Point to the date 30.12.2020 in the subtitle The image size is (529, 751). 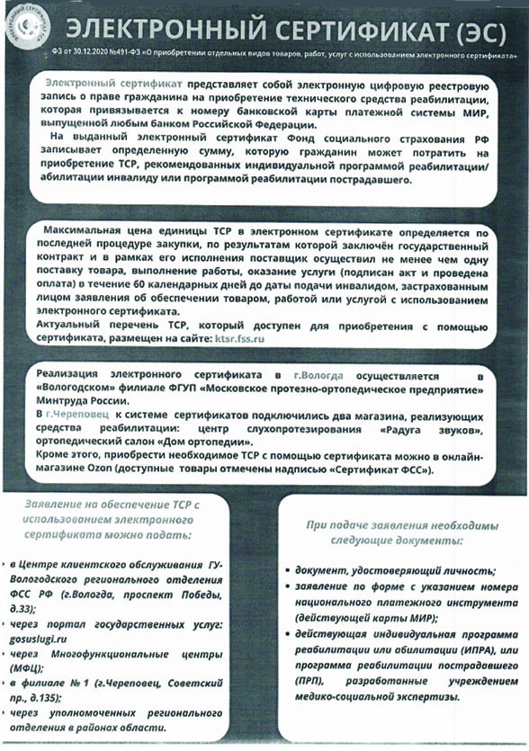click(x=94, y=56)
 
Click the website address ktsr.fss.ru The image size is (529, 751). click(x=240, y=339)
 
